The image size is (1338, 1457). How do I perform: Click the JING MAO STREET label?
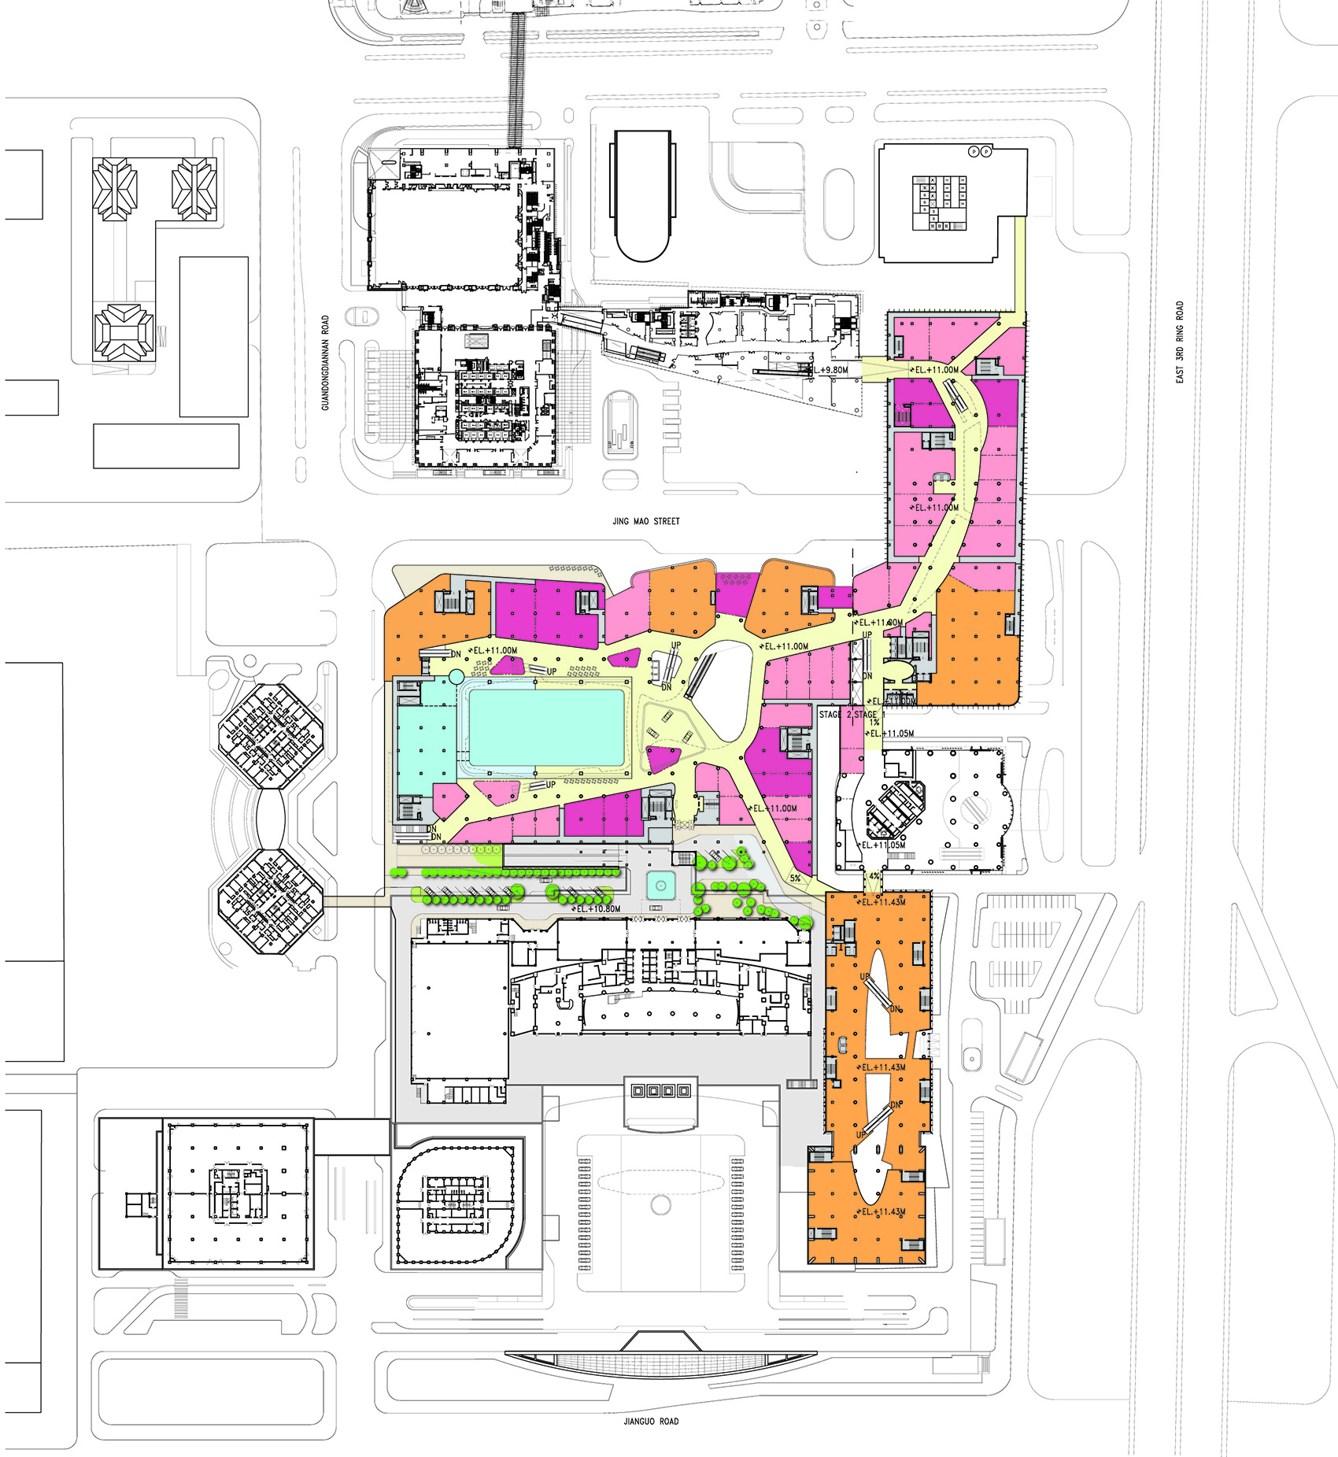click(645, 521)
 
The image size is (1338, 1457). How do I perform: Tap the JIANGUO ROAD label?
click(650, 1422)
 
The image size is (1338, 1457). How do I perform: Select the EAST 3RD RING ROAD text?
click(1179, 342)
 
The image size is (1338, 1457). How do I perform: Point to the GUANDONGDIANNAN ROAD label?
click(325, 363)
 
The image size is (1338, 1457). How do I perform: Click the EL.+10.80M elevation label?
click(598, 908)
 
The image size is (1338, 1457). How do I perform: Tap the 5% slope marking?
click(795, 878)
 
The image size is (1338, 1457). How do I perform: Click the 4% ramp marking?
click(874, 876)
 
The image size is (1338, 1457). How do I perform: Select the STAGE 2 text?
click(836, 715)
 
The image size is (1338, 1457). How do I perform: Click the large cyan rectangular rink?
click(547, 726)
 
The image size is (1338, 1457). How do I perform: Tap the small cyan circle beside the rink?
click(456, 676)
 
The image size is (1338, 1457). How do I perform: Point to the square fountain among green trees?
click(660, 886)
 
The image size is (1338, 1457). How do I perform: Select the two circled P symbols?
click(979, 151)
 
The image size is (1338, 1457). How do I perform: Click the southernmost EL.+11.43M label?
click(883, 1211)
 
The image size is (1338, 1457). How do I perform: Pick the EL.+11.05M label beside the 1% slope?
click(893, 734)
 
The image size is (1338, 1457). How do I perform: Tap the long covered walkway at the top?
click(516, 79)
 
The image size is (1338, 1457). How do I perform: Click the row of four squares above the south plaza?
click(660, 1091)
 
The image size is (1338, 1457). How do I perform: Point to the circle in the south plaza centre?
click(660, 1204)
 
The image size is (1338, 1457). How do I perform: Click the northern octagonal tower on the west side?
click(271, 736)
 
